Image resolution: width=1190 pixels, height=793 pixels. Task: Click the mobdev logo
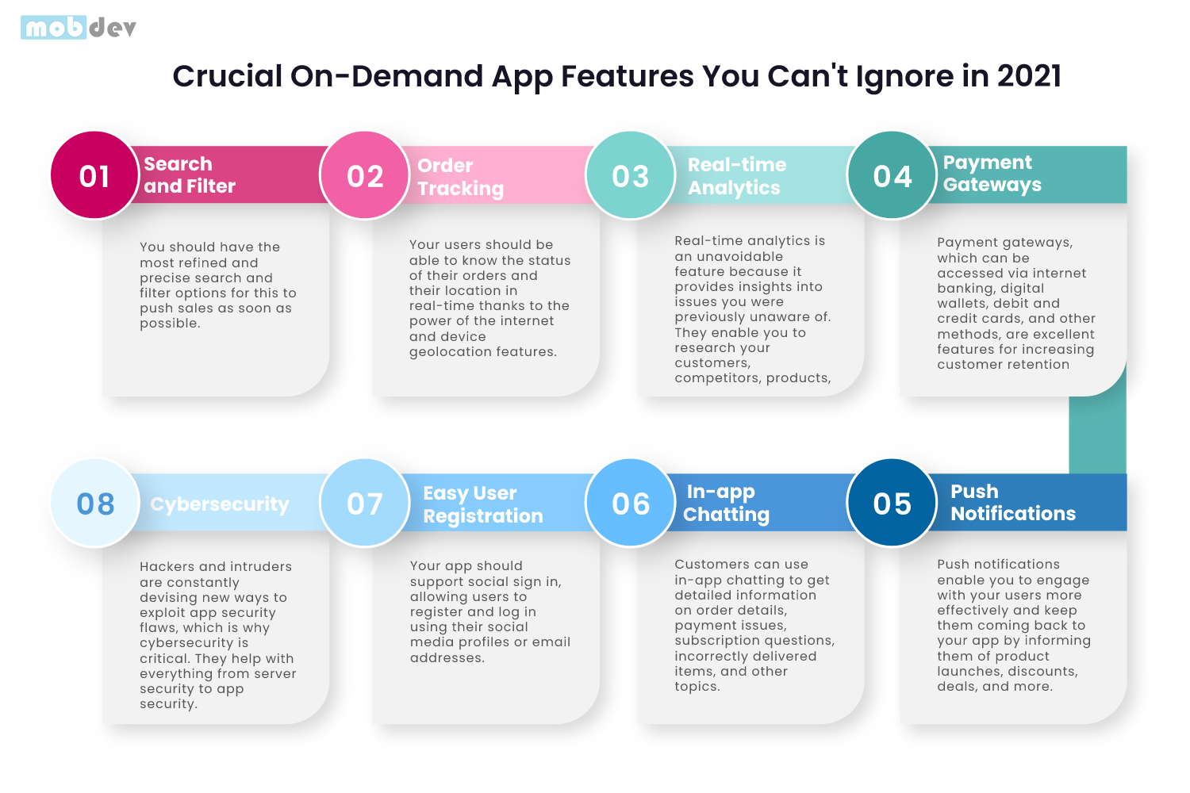click(x=79, y=28)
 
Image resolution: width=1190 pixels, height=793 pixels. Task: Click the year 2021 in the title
click(x=1028, y=76)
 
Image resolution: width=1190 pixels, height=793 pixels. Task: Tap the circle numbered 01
click(x=94, y=175)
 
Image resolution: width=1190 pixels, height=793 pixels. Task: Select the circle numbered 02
click(x=364, y=175)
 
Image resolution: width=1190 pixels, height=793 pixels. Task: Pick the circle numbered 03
click(x=630, y=175)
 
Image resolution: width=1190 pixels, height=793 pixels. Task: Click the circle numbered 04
click(x=892, y=175)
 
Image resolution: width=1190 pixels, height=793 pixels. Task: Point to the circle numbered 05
click(x=892, y=503)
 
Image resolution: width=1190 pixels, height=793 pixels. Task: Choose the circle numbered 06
click(x=630, y=503)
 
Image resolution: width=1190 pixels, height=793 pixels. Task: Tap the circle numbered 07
click(x=364, y=503)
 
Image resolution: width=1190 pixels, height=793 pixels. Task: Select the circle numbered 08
click(x=94, y=503)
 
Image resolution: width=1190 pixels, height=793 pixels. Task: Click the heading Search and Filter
click(x=190, y=175)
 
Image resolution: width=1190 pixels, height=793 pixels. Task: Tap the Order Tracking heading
click(x=460, y=177)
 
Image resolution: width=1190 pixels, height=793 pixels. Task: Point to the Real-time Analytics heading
click(x=736, y=176)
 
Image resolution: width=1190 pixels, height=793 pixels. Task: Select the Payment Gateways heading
click(x=992, y=174)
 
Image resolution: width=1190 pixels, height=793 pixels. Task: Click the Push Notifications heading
click(x=1013, y=503)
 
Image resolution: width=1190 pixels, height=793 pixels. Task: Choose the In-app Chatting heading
click(x=726, y=503)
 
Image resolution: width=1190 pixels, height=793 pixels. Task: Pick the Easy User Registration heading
click(x=482, y=504)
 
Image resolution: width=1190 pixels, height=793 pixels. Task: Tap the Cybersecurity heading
click(x=220, y=504)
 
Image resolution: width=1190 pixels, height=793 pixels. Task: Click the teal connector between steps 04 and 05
click(x=1097, y=435)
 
